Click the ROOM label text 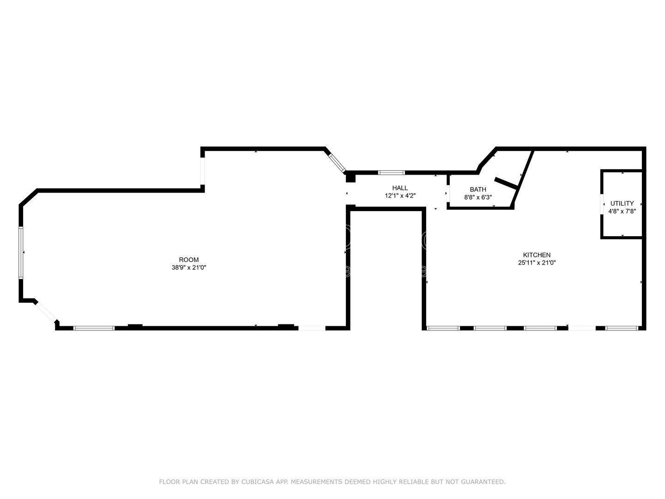(x=189, y=260)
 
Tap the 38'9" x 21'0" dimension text (x=189, y=268)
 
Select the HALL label (x=400, y=188)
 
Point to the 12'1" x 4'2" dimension (x=400, y=196)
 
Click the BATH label (x=478, y=189)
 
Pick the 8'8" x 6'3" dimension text (x=478, y=197)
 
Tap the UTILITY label (x=622, y=203)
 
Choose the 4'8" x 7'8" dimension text (x=622, y=211)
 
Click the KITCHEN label (x=537, y=255)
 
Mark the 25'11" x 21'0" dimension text (x=537, y=263)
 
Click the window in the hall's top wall (x=391, y=173)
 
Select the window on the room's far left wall (x=21, y=252)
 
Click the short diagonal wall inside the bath (x=505, y=183)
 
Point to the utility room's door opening (x=602, y=204)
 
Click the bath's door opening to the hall (x=448, y=193)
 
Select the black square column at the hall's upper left (x=351, y=176)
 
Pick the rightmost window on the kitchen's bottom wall (x=622, y=328)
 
